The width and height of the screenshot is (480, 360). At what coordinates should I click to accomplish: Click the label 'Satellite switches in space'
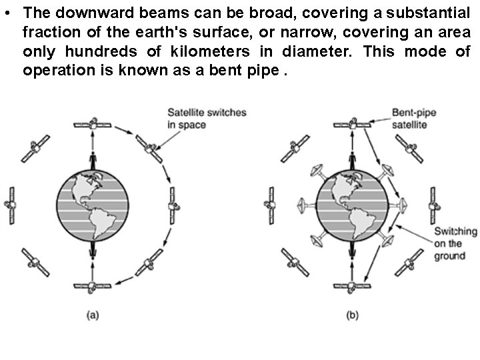[206, 118]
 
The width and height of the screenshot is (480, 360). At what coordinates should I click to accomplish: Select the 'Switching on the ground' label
[455, 243]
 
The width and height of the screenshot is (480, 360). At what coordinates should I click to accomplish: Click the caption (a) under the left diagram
[94, 315]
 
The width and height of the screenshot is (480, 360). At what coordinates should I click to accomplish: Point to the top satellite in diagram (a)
[94, 124]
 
